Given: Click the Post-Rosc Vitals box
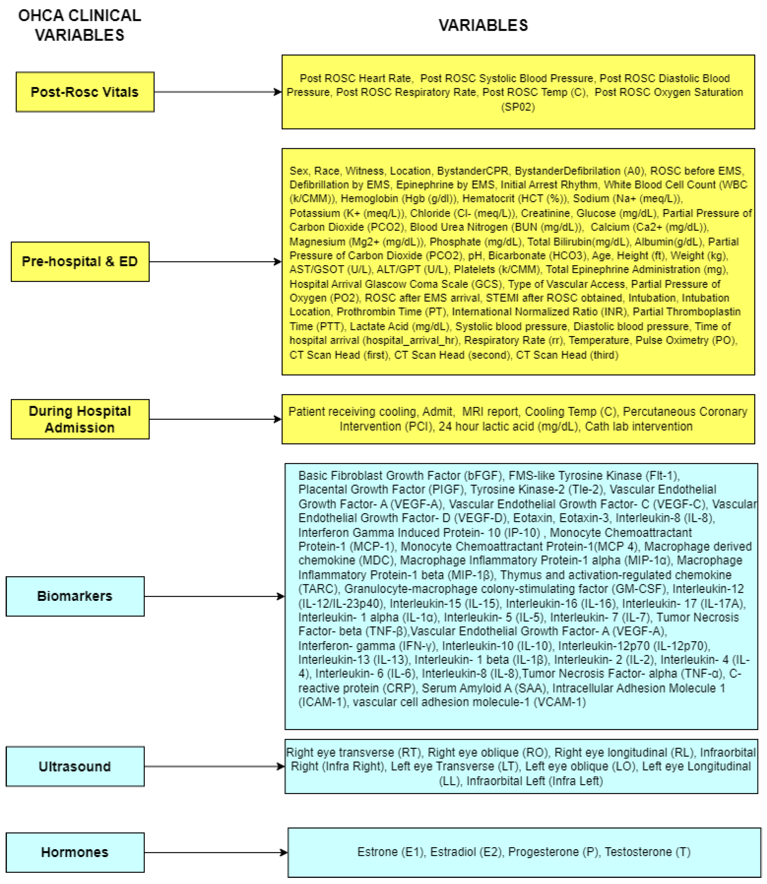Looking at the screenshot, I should pyautogui.click(x=85, y=92).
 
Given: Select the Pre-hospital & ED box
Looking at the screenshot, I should pyautogui.click(x=80, y=261).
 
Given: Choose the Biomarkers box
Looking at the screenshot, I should pyautogui.click(x=75, y=596).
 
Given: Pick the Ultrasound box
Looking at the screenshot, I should pyautogui.click(x=75, y=766).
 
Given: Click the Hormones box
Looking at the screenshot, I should pyautogui.click(x=75, y=852).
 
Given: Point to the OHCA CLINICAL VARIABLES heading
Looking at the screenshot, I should pyautogui.click(x=80, y=25).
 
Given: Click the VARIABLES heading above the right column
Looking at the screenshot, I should pyautogui.click(x=483, y=25).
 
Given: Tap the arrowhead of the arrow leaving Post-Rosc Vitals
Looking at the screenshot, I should pyautogui.click(x=278, y=92).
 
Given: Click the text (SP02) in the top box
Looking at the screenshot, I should pyautogui.click(x=518, y=107).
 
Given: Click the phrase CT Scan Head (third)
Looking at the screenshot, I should pyautogui.click(x=567, y=355).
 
